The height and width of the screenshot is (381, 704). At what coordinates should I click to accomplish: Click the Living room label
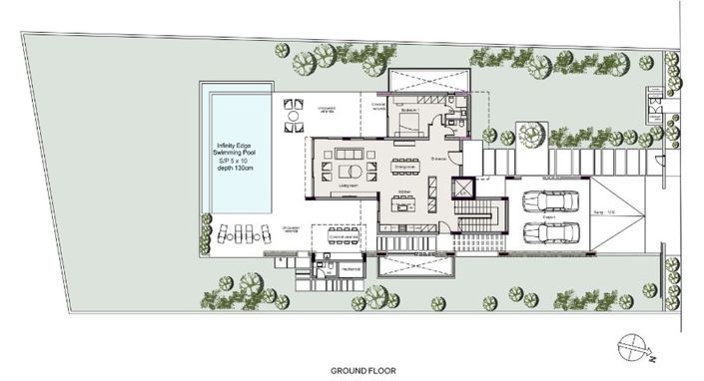[x=350, y=186]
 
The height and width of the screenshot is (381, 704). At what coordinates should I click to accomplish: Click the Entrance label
[x=438, y=158]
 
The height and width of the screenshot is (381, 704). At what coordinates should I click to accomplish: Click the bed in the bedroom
[x=408, y=123]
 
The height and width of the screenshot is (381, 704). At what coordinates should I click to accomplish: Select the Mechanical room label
[x=349, y=269]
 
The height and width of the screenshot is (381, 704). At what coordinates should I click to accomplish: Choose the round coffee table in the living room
[x=351, y=168]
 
